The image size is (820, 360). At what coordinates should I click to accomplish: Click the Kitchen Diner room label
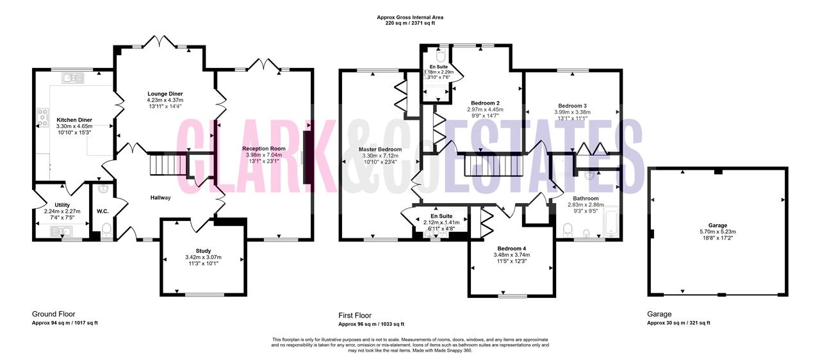click(x=74, y=120)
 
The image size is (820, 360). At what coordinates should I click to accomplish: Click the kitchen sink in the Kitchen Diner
click(x=73, y=78)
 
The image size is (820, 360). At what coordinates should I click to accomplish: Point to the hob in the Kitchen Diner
click(x=42, y=118)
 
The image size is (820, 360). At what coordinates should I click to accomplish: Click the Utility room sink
click(x=61, y=231)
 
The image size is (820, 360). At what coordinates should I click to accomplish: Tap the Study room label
click(x=203, y=250)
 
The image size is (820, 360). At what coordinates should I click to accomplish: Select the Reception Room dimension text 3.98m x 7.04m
click(x=264, y=155)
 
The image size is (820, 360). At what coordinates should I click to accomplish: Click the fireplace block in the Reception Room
click(x=307, y=158)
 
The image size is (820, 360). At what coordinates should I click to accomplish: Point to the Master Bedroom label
click(x=380, y=149)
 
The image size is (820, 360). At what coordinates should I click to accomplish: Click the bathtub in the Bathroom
click(x=611, y=222)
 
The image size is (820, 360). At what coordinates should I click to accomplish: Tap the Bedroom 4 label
click(x=511, y=249)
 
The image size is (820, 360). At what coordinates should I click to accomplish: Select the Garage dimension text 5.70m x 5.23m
click(x=717, y=232)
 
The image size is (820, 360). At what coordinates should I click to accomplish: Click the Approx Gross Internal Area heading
click(x=410, y=17)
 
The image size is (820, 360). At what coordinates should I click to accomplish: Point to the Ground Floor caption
click(x=53, y=314)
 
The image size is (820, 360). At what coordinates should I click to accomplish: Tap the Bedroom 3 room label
click(x=572, y=106)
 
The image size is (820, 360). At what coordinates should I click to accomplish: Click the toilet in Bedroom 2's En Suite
click(x=441, y=56)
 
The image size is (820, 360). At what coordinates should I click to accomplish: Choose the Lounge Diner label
click(x=165, y=94)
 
